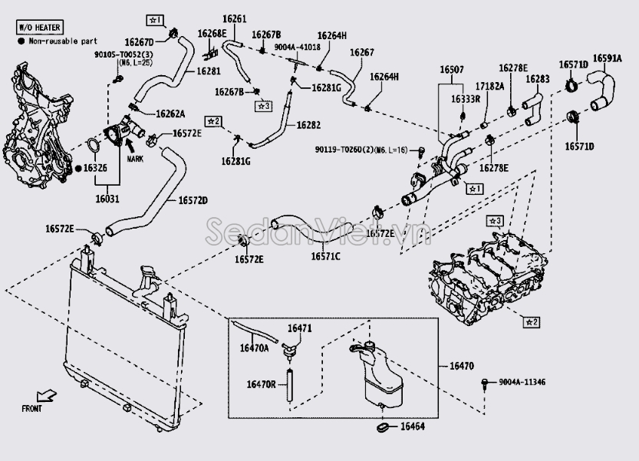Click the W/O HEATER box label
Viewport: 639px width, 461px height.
click(39, 28)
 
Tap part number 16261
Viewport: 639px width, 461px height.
click(237, 18)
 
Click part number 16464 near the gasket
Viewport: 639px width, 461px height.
click(413, 426)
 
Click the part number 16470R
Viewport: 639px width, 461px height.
click(261, 384)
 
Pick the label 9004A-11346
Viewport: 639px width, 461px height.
click(522, 382)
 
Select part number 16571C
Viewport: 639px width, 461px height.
click(325, 256)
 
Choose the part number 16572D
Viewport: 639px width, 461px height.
click(193, 200)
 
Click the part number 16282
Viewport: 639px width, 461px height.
click(308, 124)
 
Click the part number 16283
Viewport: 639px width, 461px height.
click(537, 78)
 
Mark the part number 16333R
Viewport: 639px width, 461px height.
click(465, 99)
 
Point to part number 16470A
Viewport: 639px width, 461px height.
click(255, 347)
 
